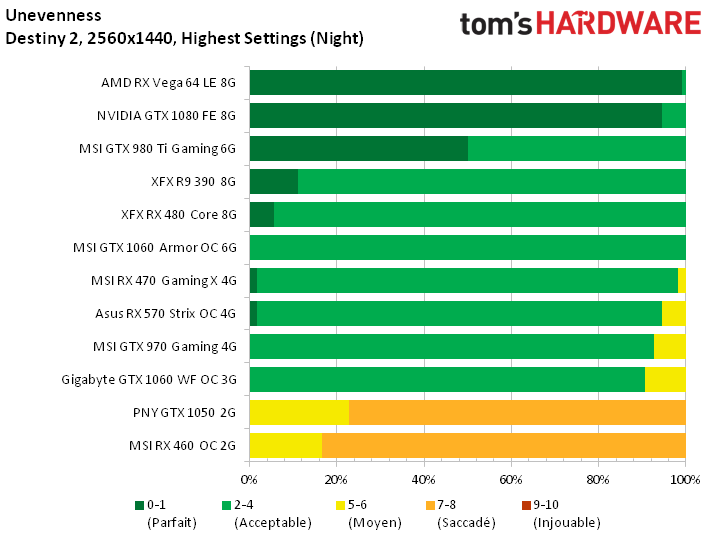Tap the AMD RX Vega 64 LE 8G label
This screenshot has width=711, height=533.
point(168,83)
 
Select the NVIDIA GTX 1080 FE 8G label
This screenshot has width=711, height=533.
point(166,116)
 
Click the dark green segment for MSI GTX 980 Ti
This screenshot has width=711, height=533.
point(358,149)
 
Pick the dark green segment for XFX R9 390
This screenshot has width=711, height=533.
point(273,182)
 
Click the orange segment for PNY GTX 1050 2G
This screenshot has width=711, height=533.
point(517,412)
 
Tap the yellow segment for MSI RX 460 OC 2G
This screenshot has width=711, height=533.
point(285,445)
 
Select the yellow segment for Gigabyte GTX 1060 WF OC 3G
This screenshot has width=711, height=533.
point(665,379)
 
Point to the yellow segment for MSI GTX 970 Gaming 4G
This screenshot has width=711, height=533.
point(669,346)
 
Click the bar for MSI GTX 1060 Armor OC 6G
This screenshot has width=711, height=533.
point(467,247)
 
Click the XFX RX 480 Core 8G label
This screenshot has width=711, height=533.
point(178,215)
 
